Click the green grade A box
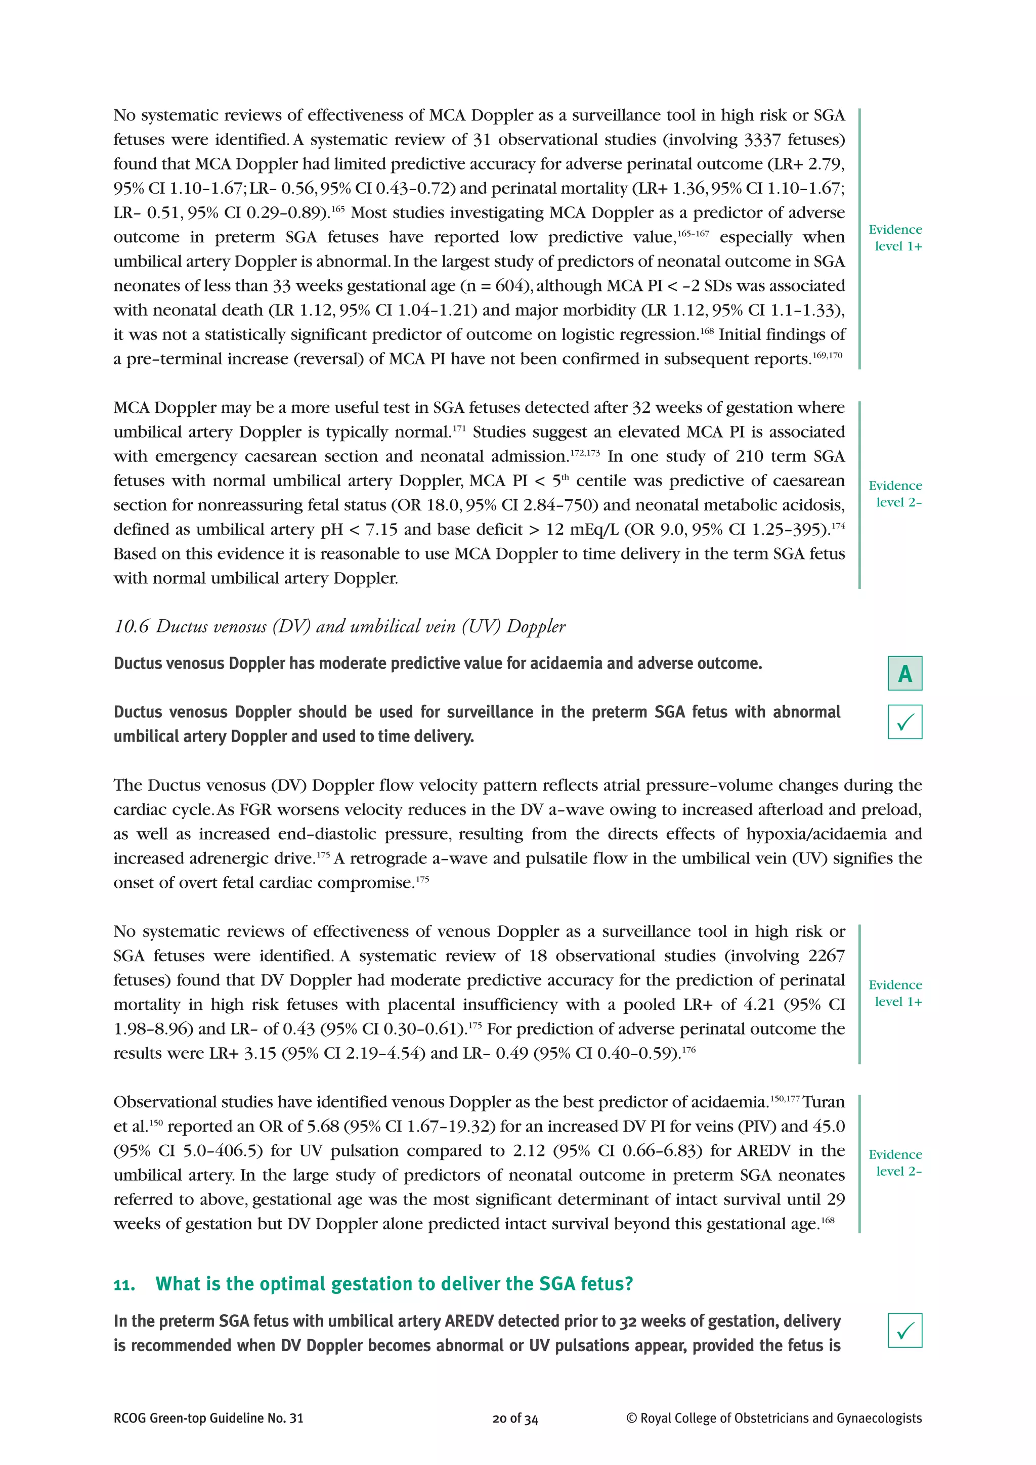click(x=904, y=673)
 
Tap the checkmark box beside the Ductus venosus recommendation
click(x=904, y=722)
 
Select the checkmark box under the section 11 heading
click(x=904, y=1330)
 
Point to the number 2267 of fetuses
click(x=826, y=955)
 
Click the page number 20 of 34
click(x=515, y=1436)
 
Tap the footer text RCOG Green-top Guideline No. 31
click(x=208, y=1436)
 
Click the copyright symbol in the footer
click(x=631, y=1436)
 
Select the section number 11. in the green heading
click(x=124, y=1284)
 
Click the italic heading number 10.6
click(x=131, y=627)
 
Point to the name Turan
click(x=824, y=1102)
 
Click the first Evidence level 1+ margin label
click(x=895, y=237)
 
